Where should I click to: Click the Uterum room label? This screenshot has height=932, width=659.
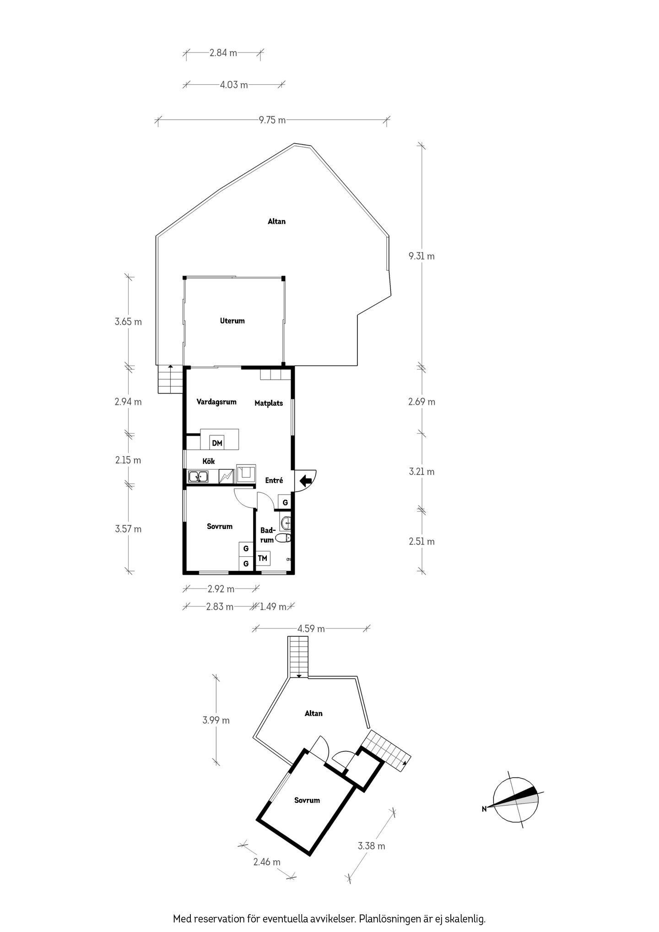coord(232,321)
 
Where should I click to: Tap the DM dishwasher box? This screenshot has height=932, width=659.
coord(217,443)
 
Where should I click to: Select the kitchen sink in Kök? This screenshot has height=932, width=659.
coord(198,477)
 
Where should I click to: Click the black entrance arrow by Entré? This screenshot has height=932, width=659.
coord(306,480)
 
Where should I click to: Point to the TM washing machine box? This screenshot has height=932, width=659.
coord(263,558)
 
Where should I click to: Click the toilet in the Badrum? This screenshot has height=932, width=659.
coord(285,538)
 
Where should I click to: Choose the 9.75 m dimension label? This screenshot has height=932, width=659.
coord(272,120)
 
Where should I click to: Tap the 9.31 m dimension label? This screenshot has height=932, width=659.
coord(421,256)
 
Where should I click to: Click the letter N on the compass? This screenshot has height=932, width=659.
coord(484,808)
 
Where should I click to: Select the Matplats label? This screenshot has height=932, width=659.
coord(269,403)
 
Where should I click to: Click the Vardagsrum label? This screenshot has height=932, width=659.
coord(216,402)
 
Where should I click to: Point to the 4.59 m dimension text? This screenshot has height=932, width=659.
coord(311,629)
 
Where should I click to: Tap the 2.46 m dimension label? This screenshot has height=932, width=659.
coord(267,862)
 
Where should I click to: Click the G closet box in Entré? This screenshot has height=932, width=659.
coord(285,502)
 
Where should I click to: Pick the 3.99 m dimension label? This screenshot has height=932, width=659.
coord(216,720)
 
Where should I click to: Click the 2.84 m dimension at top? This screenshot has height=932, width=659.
coord(223,53)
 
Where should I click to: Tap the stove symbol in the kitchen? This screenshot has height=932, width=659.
coord(227,476)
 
